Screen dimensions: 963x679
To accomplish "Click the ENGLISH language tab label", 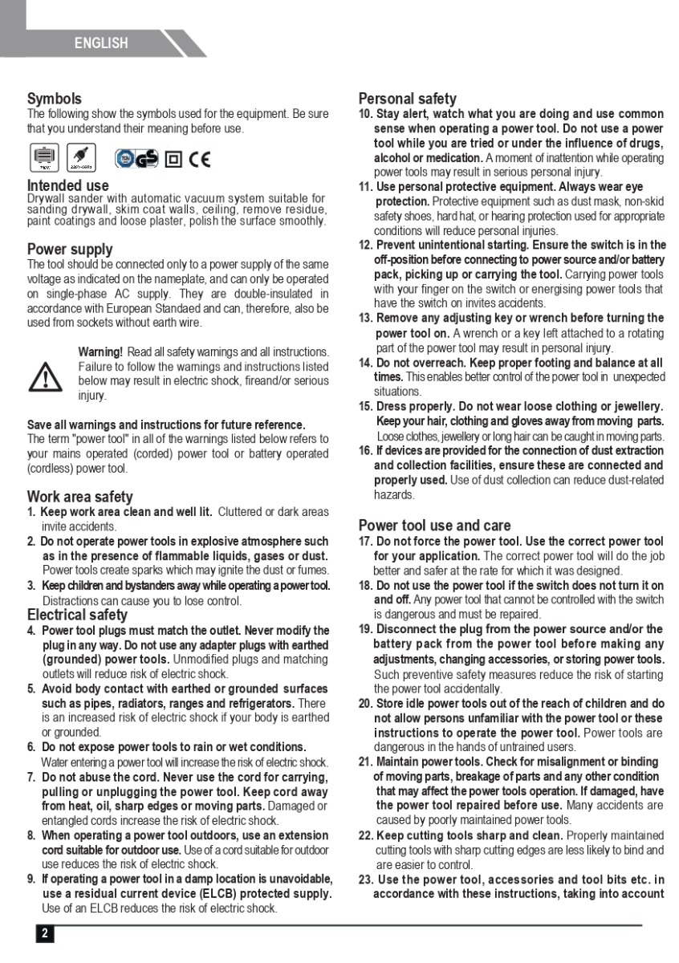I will pos(101,43).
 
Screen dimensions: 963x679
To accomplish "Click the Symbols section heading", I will pos(55,99).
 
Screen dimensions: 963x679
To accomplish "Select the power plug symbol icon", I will pos(80,157).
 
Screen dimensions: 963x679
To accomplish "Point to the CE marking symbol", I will pos(199,159).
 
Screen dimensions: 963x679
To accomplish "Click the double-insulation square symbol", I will pos(173,160).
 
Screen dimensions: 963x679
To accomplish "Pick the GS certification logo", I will pos(137,159).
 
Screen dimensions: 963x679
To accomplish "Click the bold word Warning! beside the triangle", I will pos(100,352).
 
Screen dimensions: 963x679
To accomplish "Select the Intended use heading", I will pos(68,185).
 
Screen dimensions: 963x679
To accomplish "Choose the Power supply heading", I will pos(70,249).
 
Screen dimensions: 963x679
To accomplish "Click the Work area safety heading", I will pos(80,497).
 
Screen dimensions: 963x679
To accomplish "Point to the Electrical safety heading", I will pos(77,615).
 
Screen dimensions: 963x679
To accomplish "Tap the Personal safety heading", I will pos(408,99).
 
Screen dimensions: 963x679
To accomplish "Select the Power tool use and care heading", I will pos(434,526).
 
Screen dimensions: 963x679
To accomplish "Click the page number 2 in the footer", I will pos(45,933).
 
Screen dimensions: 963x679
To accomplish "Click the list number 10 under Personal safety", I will pos(365,114).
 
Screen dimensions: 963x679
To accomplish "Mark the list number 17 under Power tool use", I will pos(365,542).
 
